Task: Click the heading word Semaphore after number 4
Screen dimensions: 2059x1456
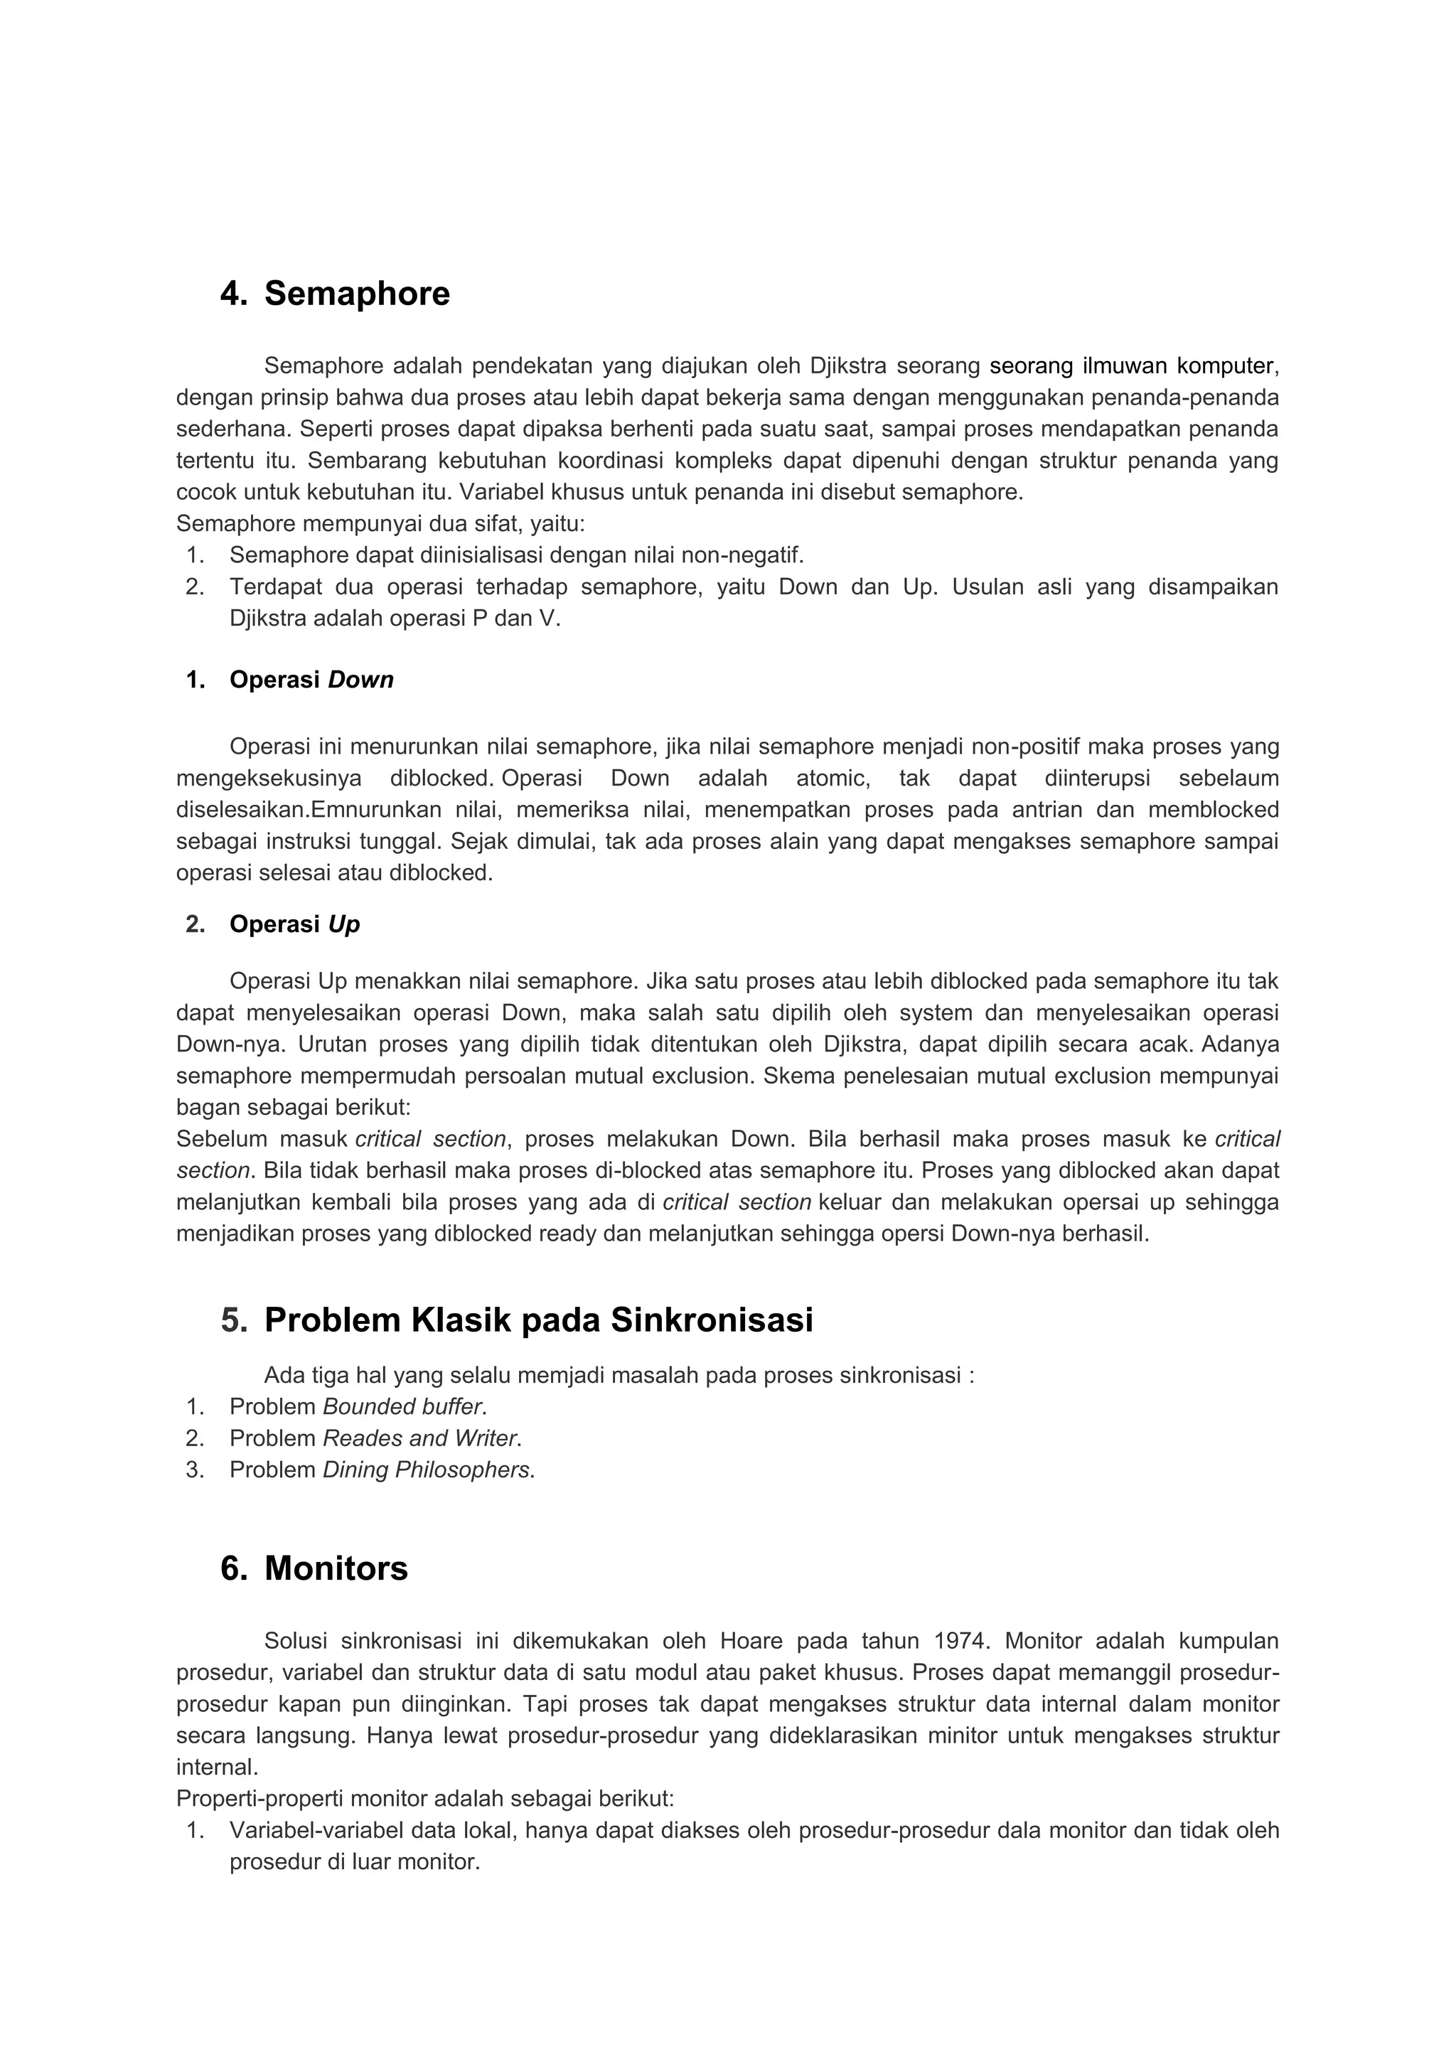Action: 357,294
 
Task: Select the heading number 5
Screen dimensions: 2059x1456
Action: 233,1320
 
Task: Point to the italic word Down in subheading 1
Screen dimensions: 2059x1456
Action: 360,680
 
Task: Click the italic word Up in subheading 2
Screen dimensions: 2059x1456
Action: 343,924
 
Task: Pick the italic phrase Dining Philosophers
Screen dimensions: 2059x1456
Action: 426,1470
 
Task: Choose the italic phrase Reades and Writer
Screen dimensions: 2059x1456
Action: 419,1438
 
